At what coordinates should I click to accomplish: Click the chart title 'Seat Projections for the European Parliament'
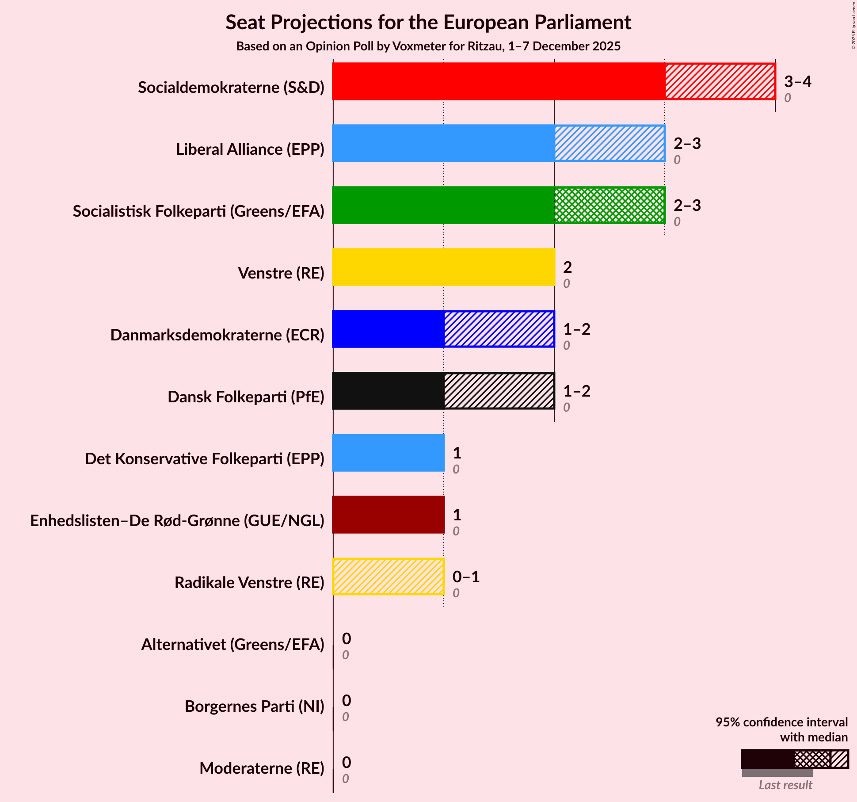click(428, 23)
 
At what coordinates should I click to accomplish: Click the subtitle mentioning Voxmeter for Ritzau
click(428, 46)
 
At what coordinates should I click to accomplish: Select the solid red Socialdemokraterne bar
click(499, 81)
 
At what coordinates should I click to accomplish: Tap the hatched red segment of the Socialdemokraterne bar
click(720, 81)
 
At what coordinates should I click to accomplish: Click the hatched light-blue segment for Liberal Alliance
click(609, 143)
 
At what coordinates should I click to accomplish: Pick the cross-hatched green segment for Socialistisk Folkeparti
click(609, 205)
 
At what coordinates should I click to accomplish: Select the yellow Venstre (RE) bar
click(443, 267)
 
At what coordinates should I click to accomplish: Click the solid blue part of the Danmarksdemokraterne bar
click(388, 329)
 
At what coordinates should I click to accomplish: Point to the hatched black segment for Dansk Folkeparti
click(499, 391)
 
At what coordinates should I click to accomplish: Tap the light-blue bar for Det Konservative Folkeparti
click(388, 453)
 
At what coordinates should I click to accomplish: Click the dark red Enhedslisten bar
click(388, 515)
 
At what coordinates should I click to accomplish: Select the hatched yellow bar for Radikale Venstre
click(388, 577)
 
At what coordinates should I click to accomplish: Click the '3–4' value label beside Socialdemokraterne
click(797, 82)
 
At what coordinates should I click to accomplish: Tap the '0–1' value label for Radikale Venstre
click(466, 577)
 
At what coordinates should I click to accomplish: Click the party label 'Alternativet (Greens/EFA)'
click(232, 645)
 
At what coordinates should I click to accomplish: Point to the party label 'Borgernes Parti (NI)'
click(254, 707)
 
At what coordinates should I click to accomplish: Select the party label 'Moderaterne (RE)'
click(262, 768)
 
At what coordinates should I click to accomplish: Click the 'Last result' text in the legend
click(785, 785)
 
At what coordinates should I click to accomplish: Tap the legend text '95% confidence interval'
click(781, 722)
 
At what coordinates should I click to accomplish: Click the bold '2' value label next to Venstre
click(568, 267)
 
